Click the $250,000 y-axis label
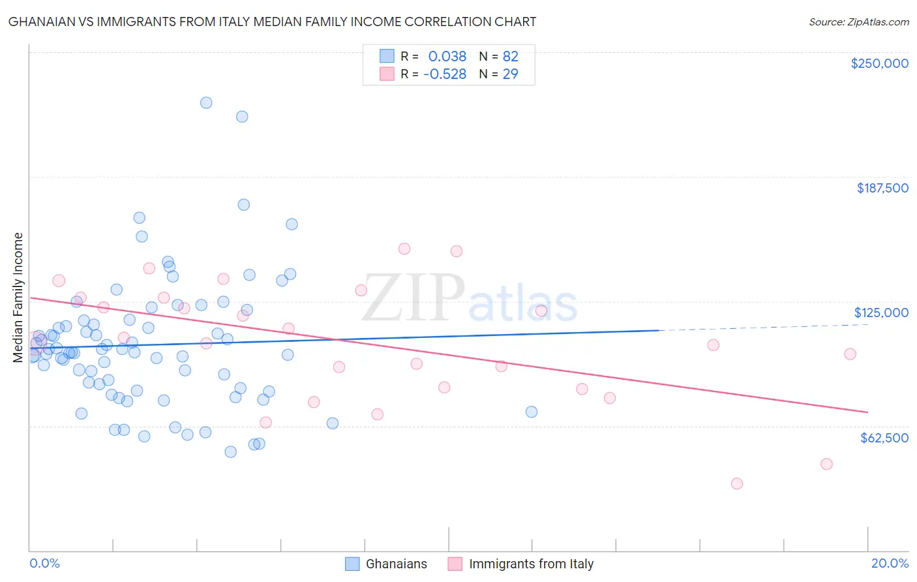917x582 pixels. pos(879,63)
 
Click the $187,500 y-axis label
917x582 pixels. pos(882,188)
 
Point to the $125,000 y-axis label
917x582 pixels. pos(881,313)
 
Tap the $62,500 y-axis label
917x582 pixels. pos(884,438)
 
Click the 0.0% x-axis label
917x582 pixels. pos(44,563)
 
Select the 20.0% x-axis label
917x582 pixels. pos(890,563)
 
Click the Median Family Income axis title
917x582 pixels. pos(18,297)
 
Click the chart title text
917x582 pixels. pos(272,22)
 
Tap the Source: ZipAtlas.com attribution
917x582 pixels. pos(858,22)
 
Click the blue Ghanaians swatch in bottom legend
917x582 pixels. pos(353,564)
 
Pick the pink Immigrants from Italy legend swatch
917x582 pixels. pos(455,564)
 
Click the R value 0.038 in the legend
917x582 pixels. pos(447,56)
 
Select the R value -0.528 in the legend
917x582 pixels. pos(444,74)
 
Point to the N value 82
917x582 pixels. pos(510,56)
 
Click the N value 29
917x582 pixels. pos(510,74)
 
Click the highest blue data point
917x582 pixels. pos(206,102)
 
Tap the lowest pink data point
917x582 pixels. pos(737,483)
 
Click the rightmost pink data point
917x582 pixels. pos(850,354)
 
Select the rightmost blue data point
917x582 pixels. pos(532,412)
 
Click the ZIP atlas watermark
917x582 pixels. pos(469,298)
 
